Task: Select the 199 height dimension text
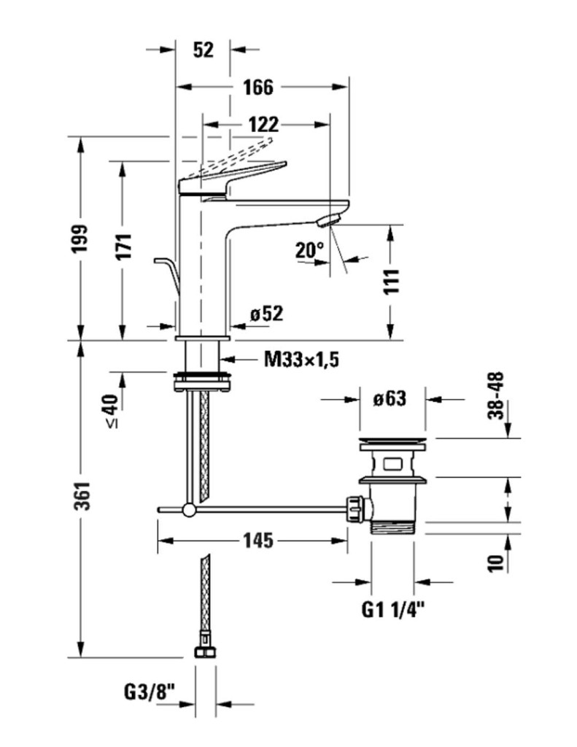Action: pyautogui.click(x=80, y=239)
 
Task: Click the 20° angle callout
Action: pyautogui.click(x=309, y=250)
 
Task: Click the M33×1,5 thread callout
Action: pyautogui.click(x=302, y=359)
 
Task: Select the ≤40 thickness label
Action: pyautogui.click(x=112, y=411)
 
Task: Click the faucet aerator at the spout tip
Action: pyautogui.click(x=331, y=219)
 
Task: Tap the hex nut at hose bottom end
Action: pyautogui.click(x=205, y=651)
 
